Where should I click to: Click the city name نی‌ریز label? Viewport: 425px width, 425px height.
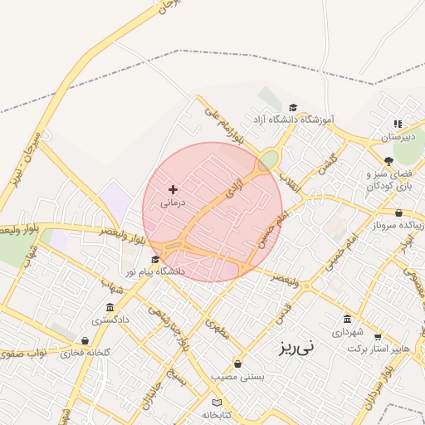(296, 347)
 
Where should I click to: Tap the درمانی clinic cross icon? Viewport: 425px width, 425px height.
(173, 190)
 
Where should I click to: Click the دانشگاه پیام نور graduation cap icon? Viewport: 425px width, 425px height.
(154, 260)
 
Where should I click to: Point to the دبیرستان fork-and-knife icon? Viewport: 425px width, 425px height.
(398, 124)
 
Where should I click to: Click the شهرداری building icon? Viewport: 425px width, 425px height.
(347, 319)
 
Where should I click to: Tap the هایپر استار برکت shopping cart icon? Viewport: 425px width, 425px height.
(378, 337)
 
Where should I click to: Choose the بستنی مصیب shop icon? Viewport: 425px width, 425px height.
(238, 364)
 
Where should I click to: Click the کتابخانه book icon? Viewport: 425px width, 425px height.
(217, 402)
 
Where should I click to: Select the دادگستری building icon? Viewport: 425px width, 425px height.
(110, 307)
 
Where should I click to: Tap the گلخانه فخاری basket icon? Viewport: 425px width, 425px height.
(85, 340)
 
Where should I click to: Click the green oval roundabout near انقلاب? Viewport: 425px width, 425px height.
(268, 159)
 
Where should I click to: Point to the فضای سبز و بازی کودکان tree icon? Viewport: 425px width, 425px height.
(388, 161)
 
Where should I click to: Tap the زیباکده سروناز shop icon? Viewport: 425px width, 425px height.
(398, 212)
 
